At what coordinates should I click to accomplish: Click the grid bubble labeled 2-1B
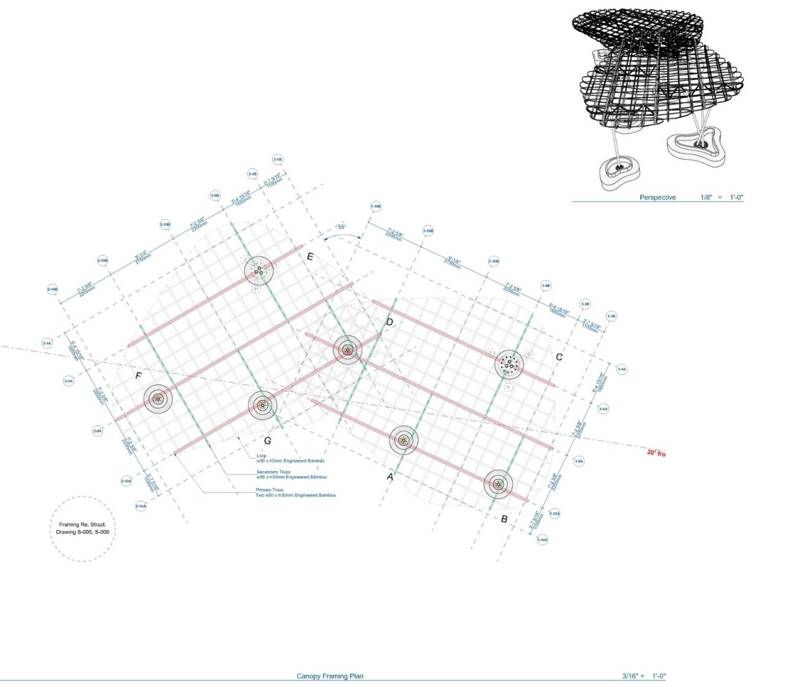click(277, 159)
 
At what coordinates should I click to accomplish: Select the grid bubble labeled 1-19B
click(376, 207)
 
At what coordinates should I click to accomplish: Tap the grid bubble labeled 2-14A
click(140, 506)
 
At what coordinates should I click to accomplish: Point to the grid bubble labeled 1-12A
click(554, 513)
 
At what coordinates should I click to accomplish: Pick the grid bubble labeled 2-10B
click(165, 225)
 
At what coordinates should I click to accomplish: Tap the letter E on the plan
click(310, 257)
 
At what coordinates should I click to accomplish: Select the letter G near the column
click(267, 440)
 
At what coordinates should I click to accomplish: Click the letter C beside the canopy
click(559, 357)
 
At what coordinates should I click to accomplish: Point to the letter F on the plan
click(139, 376)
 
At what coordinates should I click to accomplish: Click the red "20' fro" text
click(656, 453)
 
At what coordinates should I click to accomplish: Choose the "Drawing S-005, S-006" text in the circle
click(82, 532)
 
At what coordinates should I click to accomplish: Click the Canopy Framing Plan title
click(330, 676)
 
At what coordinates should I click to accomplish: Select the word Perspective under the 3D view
click(657, 198)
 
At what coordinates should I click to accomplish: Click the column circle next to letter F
click(158, 399)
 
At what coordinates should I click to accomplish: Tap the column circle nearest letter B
click(498, 485)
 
